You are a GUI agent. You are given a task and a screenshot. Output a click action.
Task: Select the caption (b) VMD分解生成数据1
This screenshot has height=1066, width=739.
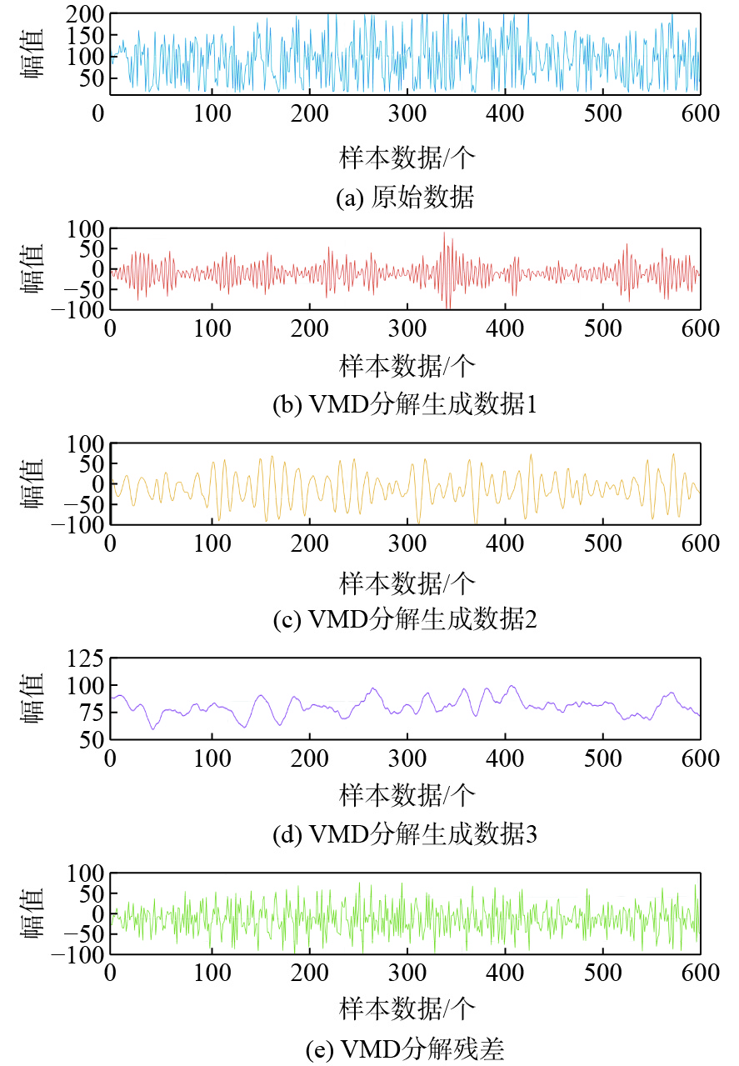[x=405, y=405]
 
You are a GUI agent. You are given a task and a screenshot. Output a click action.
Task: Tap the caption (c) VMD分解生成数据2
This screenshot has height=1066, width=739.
[x=405, y=619]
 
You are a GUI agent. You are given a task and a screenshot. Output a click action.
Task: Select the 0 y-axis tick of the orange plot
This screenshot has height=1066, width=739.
[x=97, y=483]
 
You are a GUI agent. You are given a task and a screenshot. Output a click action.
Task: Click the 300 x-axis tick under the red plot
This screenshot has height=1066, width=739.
[x=406, y=328]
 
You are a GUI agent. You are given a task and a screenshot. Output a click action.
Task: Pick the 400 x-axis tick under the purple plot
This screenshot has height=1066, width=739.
[x=504, y=758]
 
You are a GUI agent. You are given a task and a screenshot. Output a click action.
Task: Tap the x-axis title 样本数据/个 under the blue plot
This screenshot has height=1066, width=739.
[x=407, y=157]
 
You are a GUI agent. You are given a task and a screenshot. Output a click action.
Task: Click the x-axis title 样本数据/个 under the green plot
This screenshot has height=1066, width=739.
[x=407, y=1008]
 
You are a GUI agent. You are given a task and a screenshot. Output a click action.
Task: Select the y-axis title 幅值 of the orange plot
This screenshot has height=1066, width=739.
[x=33, y=484]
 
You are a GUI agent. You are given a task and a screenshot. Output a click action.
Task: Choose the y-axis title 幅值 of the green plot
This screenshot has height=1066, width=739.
[x=33, y=914]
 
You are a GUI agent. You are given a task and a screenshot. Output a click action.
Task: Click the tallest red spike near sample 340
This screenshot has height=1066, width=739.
[x=444, y=233]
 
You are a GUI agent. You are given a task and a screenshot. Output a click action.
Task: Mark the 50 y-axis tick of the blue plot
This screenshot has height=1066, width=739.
[x=92, y=78]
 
